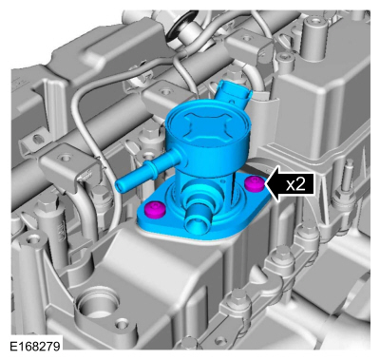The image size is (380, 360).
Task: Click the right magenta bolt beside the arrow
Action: (254, 183)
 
